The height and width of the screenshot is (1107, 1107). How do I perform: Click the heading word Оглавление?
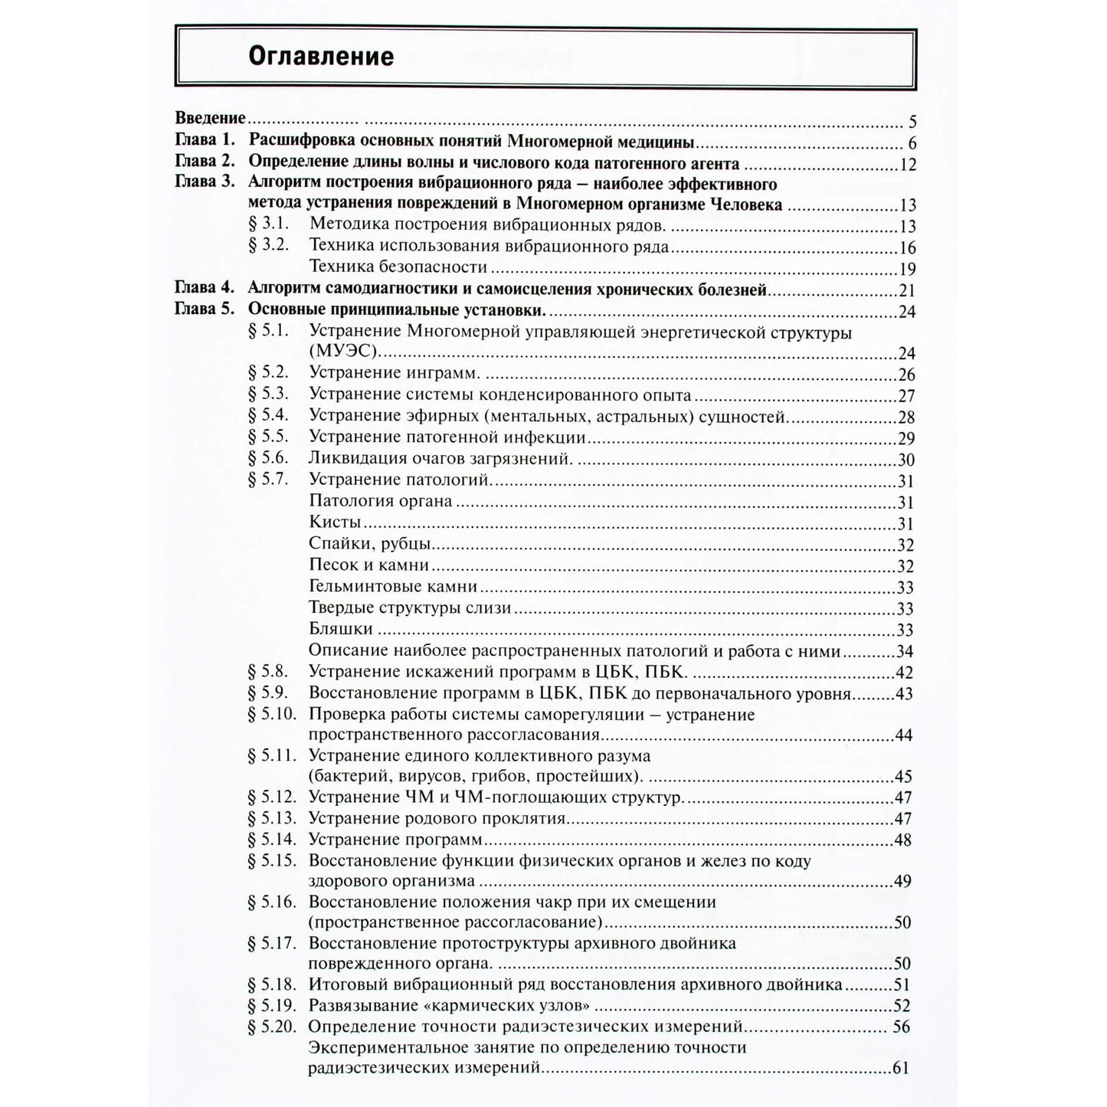pyautogui.click(x=321, y=57)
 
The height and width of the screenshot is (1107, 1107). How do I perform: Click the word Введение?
pyautogui.click(x=211, y=118)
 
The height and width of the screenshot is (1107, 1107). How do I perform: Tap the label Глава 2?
pyautogui.click(x=204, y=162)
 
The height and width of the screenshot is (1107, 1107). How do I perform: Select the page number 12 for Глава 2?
pyautogui.click(x=908, y=165)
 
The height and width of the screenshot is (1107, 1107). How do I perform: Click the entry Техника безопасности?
pyautogui.click(x=398, y=267)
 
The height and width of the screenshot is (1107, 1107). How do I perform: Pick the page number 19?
pyautogui.click(x=907, y=269)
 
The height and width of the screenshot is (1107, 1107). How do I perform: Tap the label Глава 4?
pyautogui.click(x=204, y=289)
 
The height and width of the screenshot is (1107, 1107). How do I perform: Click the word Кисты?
pyautogui.click(x=335, y=522)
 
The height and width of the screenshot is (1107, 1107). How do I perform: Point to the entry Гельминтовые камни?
pyautogui.click(x=393, y=587)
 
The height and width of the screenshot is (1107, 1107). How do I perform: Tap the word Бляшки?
pyautogui.click(x=340, y=629)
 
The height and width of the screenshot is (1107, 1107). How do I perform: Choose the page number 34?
pyautogui.click(x=905, y=652)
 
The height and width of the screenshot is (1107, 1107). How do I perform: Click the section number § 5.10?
pyautogui.click(x=272, y=715)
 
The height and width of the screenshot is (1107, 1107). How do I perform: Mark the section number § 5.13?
pyautogui.click(x=272, y=818)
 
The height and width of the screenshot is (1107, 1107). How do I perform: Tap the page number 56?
pyautogui.click(x=902, y=1027)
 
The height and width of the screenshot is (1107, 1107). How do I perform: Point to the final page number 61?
pyautogui.click(x=900, y=1067)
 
